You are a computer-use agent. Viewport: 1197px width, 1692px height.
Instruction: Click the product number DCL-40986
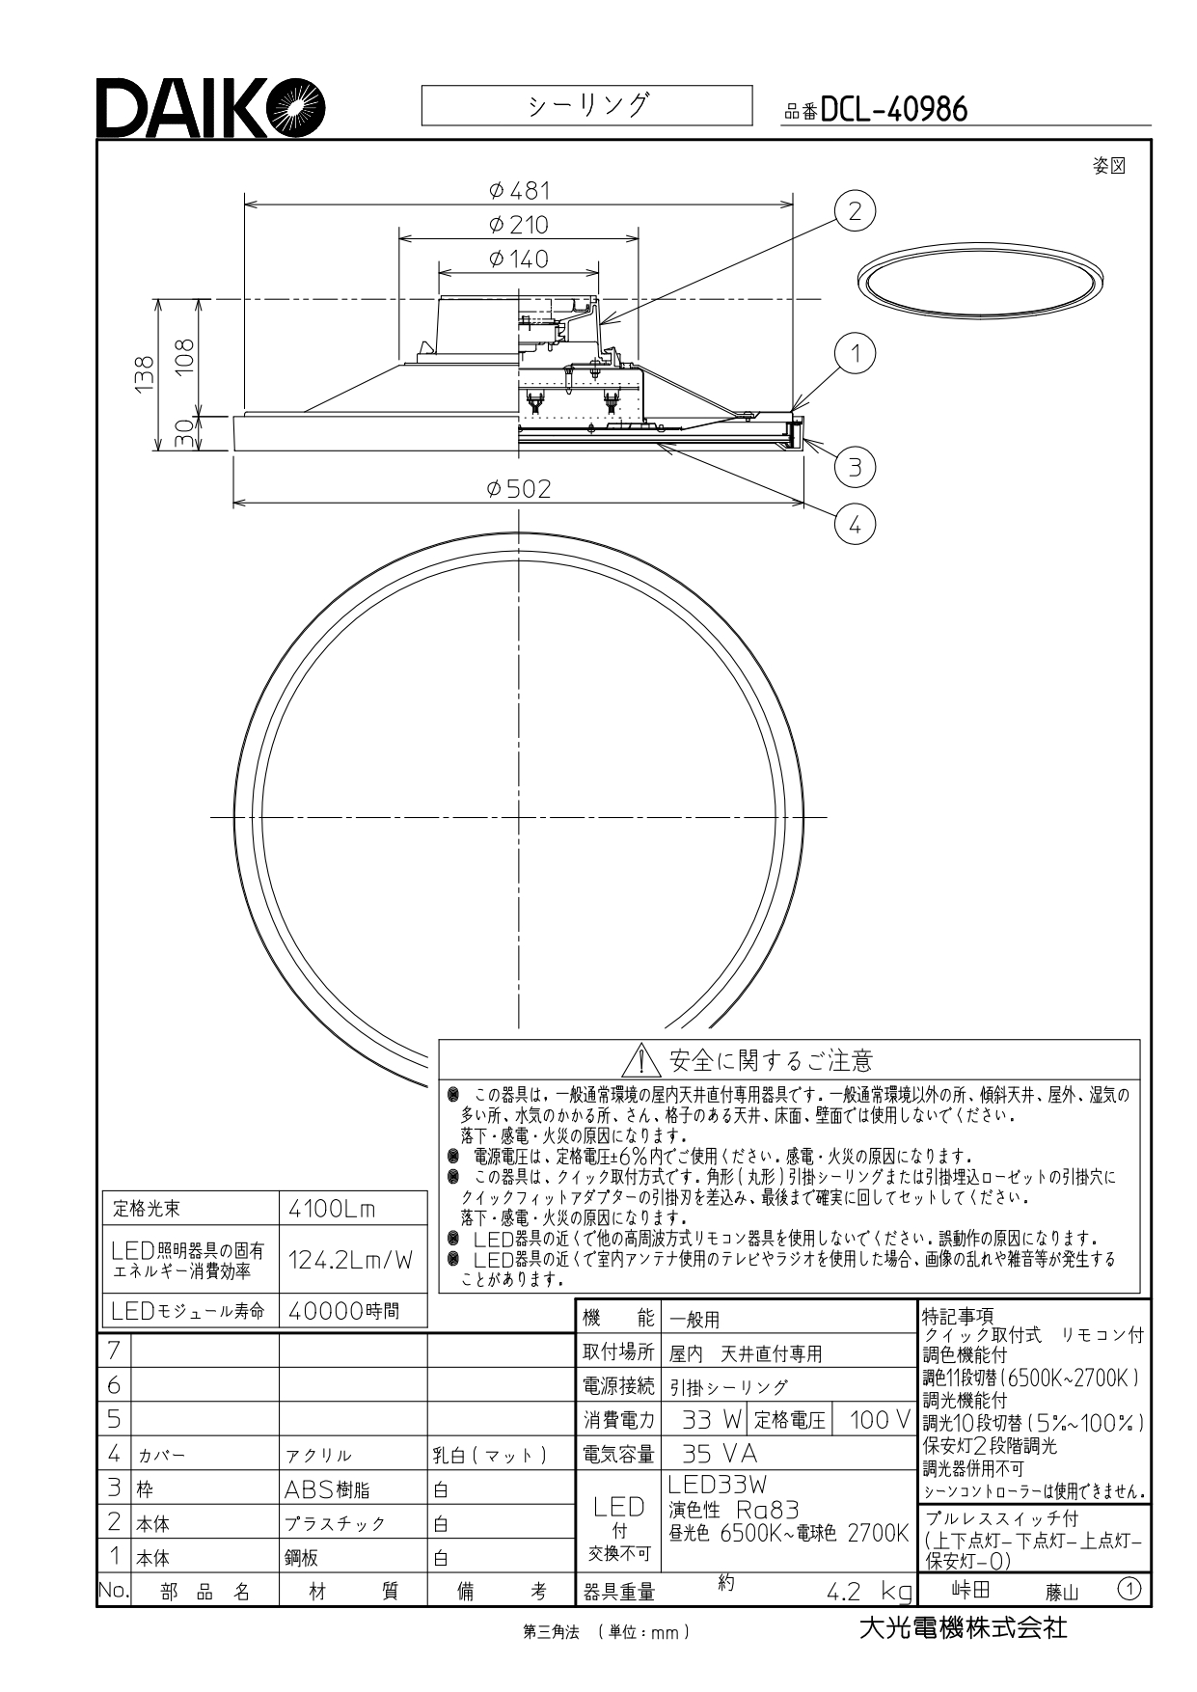click(x=893, y=110)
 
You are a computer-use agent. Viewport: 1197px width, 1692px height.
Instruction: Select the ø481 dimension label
click(x=519, y=190)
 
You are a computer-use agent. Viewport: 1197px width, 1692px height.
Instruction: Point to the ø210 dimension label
click(x=519, y=225)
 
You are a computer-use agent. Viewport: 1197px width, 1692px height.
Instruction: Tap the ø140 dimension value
click(x=519, y=259)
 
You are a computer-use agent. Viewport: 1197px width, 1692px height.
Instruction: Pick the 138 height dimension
click(x=144, y=373)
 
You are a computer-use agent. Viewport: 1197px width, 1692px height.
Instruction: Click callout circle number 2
click(x=855, y=211)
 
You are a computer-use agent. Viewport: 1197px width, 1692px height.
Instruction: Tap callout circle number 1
click(x=855, y=354)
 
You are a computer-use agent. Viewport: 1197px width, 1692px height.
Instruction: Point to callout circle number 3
click(x=855, y=468)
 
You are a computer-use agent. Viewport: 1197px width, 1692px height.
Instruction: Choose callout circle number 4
click(x=855, y=525)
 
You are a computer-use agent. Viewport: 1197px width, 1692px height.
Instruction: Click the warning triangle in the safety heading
click(x=640, y=1061)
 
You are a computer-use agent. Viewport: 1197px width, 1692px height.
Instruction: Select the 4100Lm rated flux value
click(x=332, y=1209)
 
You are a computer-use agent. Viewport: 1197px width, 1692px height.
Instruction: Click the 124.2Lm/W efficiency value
click(x=350, y=1259)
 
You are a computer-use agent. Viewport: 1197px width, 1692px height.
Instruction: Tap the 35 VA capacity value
click(x=720, y=1454)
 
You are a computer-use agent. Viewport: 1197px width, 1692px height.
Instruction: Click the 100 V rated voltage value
click(x=880, y=1419)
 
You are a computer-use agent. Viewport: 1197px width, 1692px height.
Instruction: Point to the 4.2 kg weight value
click(x=869, y=1591)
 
